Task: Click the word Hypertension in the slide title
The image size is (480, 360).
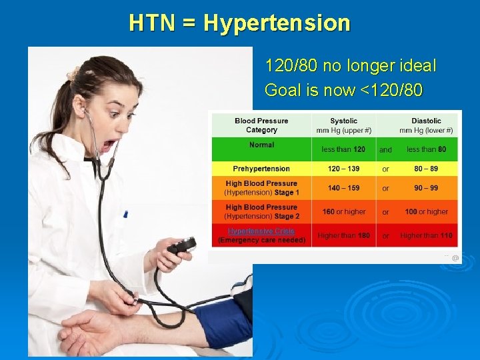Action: coord(277,23)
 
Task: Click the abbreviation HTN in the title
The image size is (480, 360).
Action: coord(151,23)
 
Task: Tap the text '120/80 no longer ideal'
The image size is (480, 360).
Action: coord(350,66)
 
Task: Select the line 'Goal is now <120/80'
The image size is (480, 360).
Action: coord(343,89)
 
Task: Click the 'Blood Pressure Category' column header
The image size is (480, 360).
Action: coord(261,125)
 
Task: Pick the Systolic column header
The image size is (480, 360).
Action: coord(343,125)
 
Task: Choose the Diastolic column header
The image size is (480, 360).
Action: coord(426,125)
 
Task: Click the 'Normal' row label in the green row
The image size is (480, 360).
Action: coord(261,145)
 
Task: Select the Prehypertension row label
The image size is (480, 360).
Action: coord(261,169)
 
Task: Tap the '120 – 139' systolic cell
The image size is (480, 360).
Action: coord(343,169)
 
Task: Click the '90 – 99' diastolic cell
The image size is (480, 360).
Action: coord(426,188)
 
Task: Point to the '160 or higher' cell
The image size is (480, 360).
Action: coord(343,211)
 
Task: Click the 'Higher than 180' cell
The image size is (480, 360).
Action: coord(343,235)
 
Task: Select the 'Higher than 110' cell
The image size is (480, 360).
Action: coord(426,235)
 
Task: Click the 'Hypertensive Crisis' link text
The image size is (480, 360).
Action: coord(261,231)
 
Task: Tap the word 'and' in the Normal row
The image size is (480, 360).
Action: coord(385,150)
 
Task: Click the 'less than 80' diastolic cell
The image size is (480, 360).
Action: coord(426,149)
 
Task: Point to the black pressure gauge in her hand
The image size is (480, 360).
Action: coord(180,247)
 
